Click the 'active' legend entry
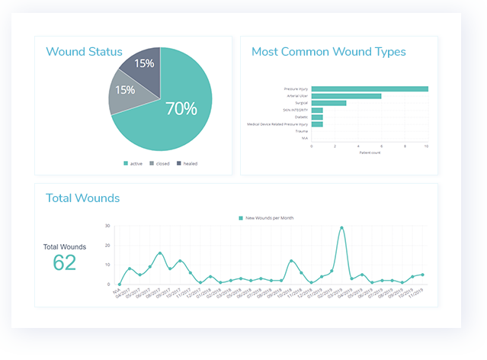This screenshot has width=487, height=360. pyautogui.click(x=133, y=163)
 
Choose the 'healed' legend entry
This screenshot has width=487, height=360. pyautogui.click(x=187, y=163)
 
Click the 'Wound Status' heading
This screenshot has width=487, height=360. pyautogui.click(x=84, y=52)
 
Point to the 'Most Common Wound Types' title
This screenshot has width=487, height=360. pyautogui.click(x=328, y=52)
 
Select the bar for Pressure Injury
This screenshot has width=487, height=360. pyautogui.click(x=370, y=88)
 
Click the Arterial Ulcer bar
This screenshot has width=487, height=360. pyautogui.click(x=346, y=96)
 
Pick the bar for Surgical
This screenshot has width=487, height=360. pyautogui.click(x=328, y=103)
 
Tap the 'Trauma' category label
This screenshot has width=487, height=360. pyautogui.click(x=301, y=131)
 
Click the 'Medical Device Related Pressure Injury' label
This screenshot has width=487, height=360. pyautogui.click(x=277, y=124)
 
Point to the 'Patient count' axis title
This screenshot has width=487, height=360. pyautogui.click(x=370, y=153)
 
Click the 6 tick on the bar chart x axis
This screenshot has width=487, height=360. pyautogui.click(x=381, y=146)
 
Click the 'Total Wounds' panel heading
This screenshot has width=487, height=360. pyautogui.click(x=82, y=198)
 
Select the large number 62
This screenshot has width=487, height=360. pyautogui.click(x=65, y=263)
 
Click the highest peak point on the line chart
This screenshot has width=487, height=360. pyautogui.click(x=341, y=227)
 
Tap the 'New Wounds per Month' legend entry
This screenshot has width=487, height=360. pyautogui.click(x=268, y=218)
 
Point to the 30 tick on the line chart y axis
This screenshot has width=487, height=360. pyautogui.click(x=108, y=227)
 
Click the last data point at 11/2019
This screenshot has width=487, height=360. pyautogui.click(x=422, y=275)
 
